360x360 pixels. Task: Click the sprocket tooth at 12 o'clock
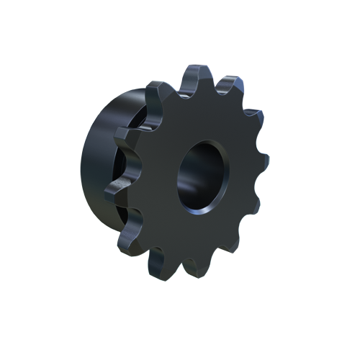click(x=199, y=73)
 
